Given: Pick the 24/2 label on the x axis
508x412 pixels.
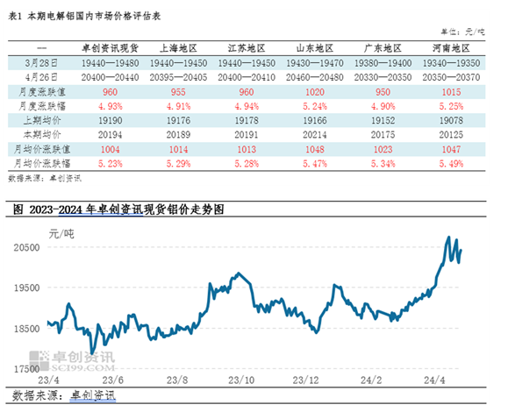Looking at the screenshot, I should [371, 382].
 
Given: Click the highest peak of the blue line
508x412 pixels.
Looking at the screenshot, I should [449, 238].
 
